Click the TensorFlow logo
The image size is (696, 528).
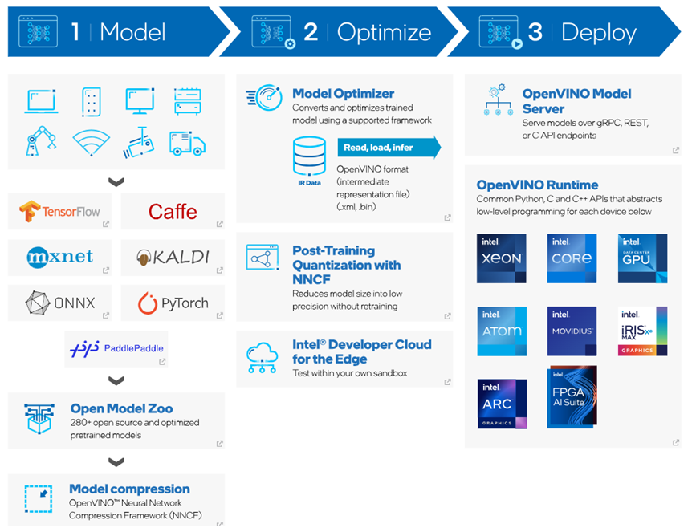pyautogui.click(x=60, y=212)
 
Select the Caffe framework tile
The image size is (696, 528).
pyautogui.click(x=173, y=212)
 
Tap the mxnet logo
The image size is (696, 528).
pyautogui.click(x=60, y=257)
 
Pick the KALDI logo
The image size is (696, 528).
pyautogui.click(x=173, y=257)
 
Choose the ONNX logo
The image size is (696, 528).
pyautogui.click(x=60, y=303)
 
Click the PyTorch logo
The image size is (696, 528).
pyautogui.click(x=173, y=303)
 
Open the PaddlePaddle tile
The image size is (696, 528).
pyautogui.click(x=116, y=348)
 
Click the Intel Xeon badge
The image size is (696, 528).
pyautogui.click(x=502, y=258)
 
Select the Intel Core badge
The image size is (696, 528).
pyautogui.click(x=572, y=258)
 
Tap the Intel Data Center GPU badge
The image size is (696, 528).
pyautogui.click(x=643, y=258)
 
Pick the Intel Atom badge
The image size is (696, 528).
pyautogui.click(x=502, y=331)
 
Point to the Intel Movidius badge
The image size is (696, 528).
pyautogui.click(x=572, y=331)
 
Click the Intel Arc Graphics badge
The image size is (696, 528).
pyautogui.click(x=502, y=404)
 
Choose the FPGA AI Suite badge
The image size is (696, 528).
pyautogui.click(x=572, y=397)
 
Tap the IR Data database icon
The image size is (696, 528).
pyautogui.click(x=309, y=158)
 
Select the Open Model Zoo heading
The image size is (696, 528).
pyautogui.click(x=121, y=408)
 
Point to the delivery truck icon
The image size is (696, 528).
pyautogui.click(x=186, y=144)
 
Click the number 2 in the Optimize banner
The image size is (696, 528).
pyautogui.click(x=311, y=31)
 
